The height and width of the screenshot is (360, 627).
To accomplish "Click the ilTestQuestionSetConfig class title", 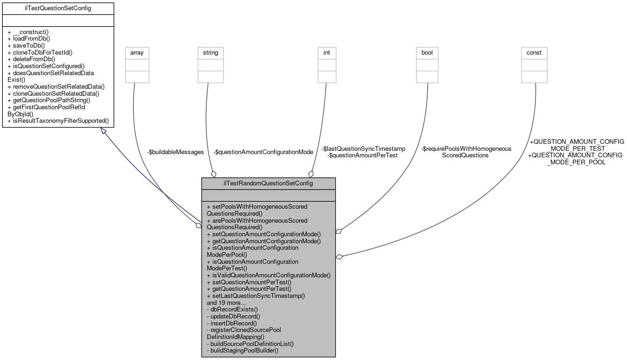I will (58, 8).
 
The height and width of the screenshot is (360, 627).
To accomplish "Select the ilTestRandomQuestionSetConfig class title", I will (268, 183).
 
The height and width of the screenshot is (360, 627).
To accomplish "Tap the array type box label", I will (137, 53).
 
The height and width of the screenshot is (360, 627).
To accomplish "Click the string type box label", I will (210, 53).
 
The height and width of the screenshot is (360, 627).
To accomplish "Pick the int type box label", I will (327, 53).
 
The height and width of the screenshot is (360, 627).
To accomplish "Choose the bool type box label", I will (427, 53).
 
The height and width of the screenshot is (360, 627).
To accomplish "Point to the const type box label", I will (534, 53).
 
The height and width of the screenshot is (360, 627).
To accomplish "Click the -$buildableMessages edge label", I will (176, 152).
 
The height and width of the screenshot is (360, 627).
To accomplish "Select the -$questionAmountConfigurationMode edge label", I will (263, 152).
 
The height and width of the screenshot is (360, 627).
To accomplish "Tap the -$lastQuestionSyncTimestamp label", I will (363, 148).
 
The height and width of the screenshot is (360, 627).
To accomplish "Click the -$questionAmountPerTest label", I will (363, 155).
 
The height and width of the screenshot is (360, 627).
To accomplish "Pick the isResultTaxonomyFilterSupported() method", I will (58, 120).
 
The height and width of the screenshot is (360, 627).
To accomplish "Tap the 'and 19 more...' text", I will (226, 303).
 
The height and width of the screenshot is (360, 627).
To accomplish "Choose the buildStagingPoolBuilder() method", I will (242, 350).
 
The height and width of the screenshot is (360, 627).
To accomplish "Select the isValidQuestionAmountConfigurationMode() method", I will (268, 275).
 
